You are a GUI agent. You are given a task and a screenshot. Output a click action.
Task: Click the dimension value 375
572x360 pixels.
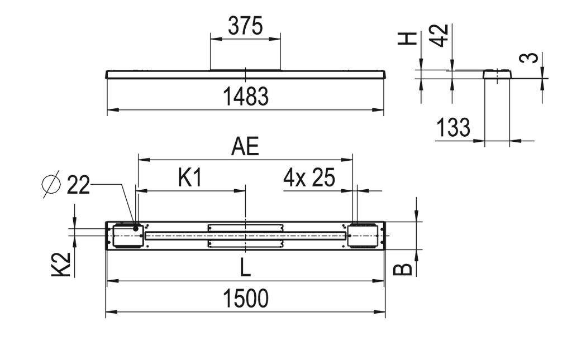pos(245,26)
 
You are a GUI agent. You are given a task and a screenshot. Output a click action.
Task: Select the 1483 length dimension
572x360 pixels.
pos(246,97)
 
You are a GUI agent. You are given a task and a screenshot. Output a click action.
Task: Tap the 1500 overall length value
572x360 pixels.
pos(246,299)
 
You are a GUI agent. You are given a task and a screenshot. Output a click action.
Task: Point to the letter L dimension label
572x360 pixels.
pos(246,268)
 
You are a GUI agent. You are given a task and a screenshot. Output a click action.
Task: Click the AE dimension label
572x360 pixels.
pos(246,147)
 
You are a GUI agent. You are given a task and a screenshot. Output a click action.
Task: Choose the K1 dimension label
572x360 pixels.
pos(189,178)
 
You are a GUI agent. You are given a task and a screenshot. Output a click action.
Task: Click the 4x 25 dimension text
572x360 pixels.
pos(309,178)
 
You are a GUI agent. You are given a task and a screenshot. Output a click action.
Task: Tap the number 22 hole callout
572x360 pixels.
pos(78,185)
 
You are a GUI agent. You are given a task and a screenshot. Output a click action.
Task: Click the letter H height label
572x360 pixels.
pos(409,38)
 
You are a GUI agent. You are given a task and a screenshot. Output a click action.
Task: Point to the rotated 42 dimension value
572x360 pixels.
pos(441,35)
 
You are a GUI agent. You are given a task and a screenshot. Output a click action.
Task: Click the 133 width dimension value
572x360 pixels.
pos(453,128)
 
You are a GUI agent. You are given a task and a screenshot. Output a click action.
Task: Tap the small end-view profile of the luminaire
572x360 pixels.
pos(497,74)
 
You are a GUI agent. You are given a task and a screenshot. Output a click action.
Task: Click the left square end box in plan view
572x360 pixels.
pos(127,236)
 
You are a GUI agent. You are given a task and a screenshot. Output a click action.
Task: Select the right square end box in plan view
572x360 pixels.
pos(363,236)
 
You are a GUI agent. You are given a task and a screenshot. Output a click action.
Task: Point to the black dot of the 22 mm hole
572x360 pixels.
pos(136,228)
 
